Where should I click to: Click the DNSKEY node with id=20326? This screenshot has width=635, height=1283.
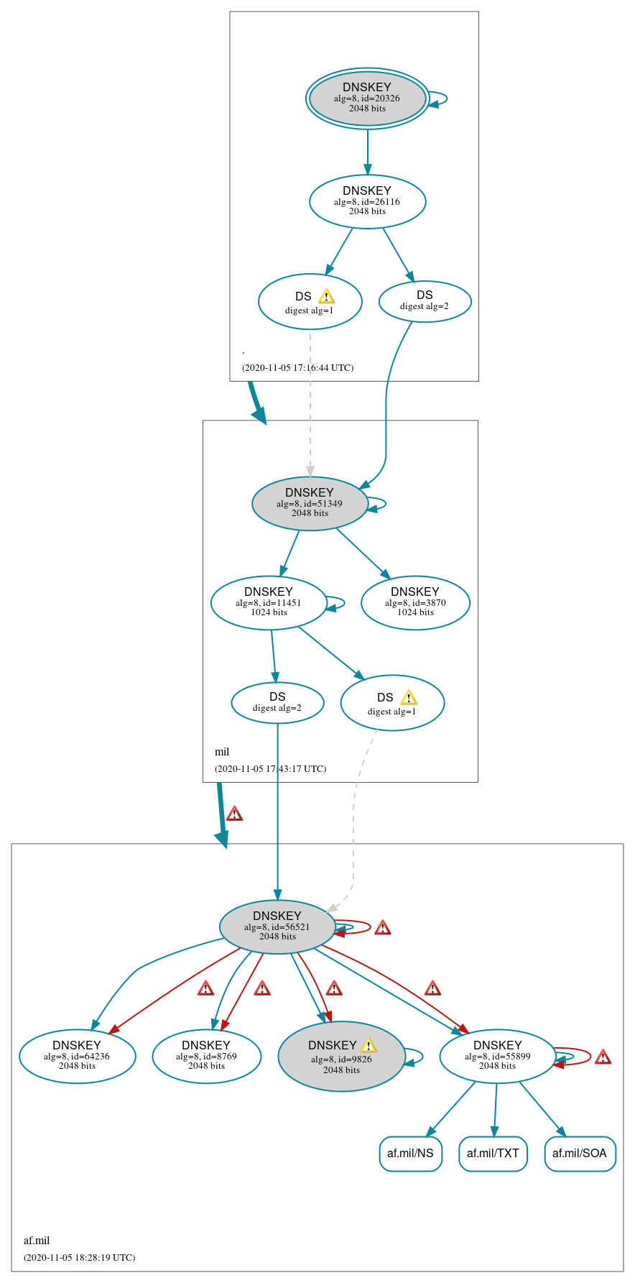click(x=367, y=98)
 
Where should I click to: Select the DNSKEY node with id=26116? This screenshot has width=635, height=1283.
click(x=367, y=201)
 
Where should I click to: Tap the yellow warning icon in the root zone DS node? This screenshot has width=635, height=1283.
click(x=326, y=296)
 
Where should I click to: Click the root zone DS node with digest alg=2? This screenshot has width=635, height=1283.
click(x=425, y=300)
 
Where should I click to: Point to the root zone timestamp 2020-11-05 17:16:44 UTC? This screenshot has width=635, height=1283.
click(x=297, y=367)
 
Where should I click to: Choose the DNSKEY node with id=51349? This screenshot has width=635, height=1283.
click(x=310, y=503)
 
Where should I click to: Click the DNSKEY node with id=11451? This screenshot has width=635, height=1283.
click(x=269, y=602)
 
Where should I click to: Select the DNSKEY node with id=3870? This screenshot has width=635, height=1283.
click(x=415, y=602)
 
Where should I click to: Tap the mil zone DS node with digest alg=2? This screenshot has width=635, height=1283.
click(x=277, y=702)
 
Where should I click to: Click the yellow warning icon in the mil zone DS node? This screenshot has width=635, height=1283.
click(x=408, y=697)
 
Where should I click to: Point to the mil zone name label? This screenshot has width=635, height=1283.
click(x=222, y=752)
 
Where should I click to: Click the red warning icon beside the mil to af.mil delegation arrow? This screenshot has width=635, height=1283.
click(x=234, y=814)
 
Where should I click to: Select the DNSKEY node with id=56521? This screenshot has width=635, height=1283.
click(x=277, y=926)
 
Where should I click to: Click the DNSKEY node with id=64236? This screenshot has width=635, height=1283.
click(x=77, y=1056)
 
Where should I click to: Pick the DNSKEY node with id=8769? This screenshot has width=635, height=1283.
click(x=206, y=1056)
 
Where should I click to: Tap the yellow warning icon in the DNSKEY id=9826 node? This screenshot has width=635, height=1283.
click(x=369, y=1045)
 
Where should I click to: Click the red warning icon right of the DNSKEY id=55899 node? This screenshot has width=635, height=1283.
click(x=603, y=1057)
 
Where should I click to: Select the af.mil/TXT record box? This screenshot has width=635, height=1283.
click(x=493, y=1153)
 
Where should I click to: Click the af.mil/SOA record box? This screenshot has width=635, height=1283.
click(x=580, y=1153)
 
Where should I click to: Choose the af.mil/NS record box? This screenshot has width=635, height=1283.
click(x=410, y=1153)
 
